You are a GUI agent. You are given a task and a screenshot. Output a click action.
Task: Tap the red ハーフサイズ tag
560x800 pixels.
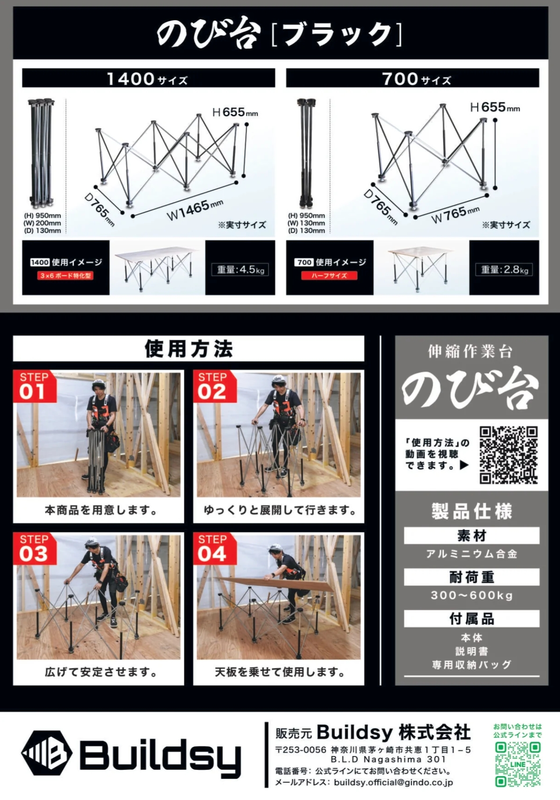(329, 275)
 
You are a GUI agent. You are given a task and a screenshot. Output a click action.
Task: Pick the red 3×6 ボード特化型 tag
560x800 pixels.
(65, 275)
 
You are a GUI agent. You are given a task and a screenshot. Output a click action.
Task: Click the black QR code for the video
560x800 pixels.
(508, 455)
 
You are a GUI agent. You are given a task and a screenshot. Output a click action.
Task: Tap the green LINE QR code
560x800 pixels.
(517, 764)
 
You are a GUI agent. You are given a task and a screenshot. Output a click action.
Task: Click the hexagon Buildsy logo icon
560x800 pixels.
(47, 754)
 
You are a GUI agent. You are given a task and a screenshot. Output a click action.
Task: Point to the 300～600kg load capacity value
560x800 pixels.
(471, 595)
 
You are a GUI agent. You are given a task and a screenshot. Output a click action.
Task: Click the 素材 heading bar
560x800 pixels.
(471, 536)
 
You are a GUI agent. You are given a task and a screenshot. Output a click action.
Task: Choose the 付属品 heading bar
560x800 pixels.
(471, 618)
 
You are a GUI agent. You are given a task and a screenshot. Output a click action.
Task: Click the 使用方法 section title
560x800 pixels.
(189, 349)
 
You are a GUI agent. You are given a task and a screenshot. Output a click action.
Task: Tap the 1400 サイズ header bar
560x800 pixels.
(148, 78)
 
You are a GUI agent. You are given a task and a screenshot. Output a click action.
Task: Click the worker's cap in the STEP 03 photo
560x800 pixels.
(91, 542)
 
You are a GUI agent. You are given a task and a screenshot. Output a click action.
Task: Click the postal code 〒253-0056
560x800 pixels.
(301, 750)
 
